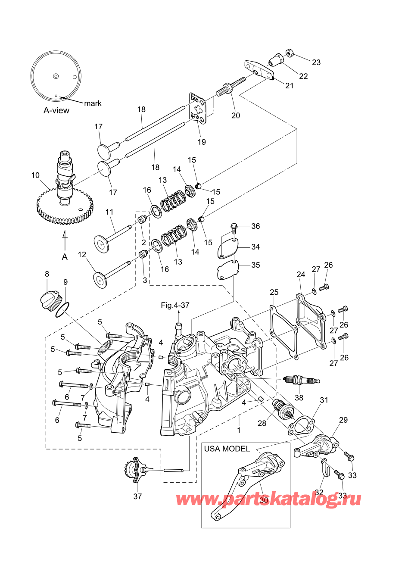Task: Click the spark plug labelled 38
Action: [301, 380]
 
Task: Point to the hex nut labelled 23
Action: [290, 53]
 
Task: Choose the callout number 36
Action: [255, 226]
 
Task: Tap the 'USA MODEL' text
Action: [227, 449]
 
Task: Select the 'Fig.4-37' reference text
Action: [175, 306]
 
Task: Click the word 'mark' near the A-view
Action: [93, 103]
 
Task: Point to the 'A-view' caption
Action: [56, 110]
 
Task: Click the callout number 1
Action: [239, 430]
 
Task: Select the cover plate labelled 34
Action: [227, 249]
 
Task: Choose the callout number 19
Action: [202, 142]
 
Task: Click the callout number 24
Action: [301, 274]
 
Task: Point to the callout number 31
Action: [324, 400]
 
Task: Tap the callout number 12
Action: [82, 255]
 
